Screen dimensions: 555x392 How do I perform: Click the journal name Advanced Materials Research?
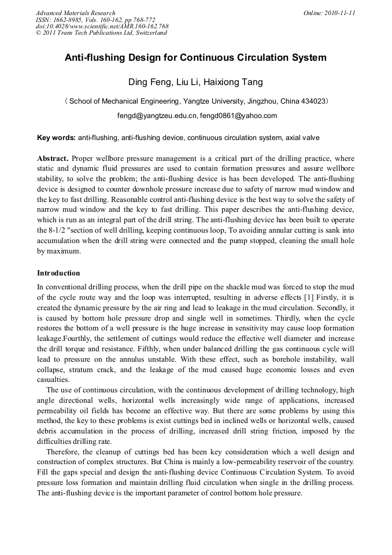coord(75,13)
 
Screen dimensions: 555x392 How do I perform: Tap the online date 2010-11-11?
coord(341,13)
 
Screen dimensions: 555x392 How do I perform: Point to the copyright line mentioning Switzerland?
coord(101,33)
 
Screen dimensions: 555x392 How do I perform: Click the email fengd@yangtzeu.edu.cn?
coord(157,116)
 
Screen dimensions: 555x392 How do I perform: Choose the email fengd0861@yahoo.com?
coord(238,116)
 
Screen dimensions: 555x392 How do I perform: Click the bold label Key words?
coord(56,138)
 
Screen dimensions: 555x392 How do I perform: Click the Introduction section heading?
coord(58,273)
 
